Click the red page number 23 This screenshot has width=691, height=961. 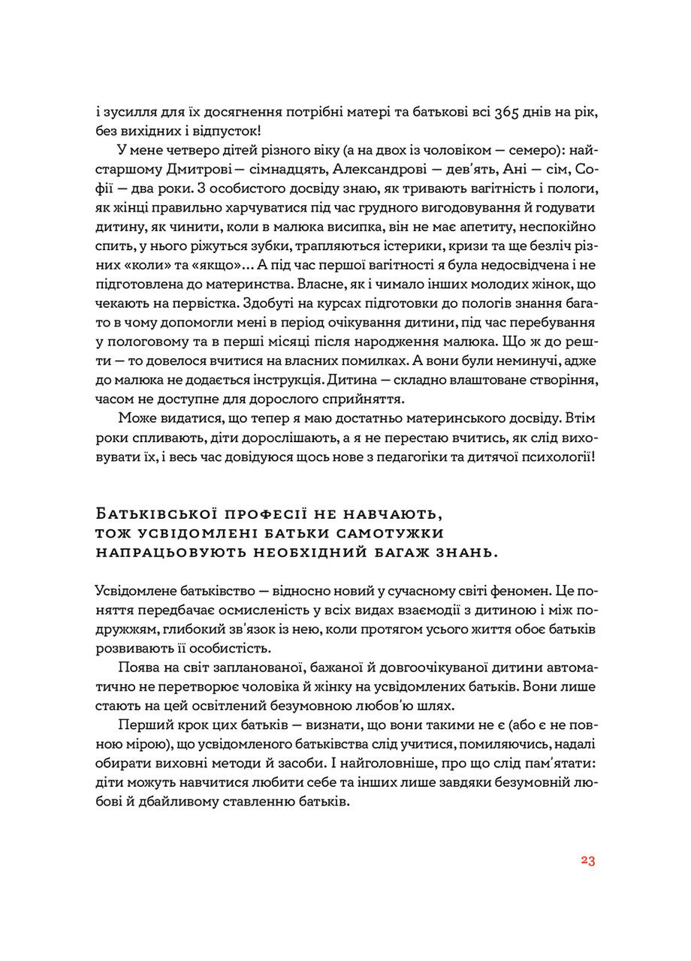coord(587,860)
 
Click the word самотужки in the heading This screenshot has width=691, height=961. coord(391,533)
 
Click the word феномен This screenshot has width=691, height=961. coord(515,590)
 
